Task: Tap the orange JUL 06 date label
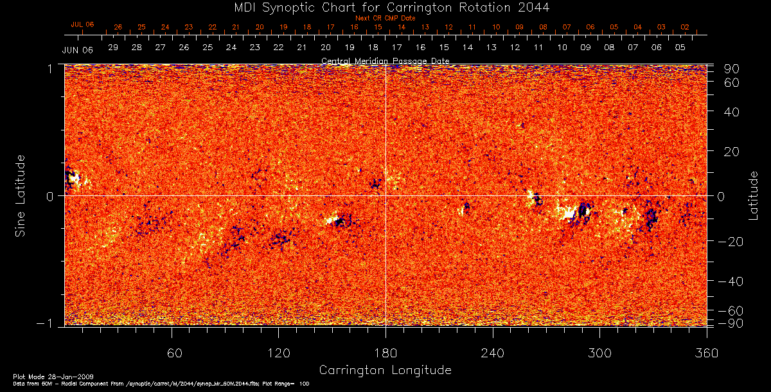(82, 24)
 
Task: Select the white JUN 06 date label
(74, 50)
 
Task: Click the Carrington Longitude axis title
(385, 370)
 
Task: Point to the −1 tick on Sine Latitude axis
(51, 324)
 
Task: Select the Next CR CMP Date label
(385, 18)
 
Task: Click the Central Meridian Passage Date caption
(385, 61)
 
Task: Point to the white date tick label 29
(113, 48)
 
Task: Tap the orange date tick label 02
(685, 28)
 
